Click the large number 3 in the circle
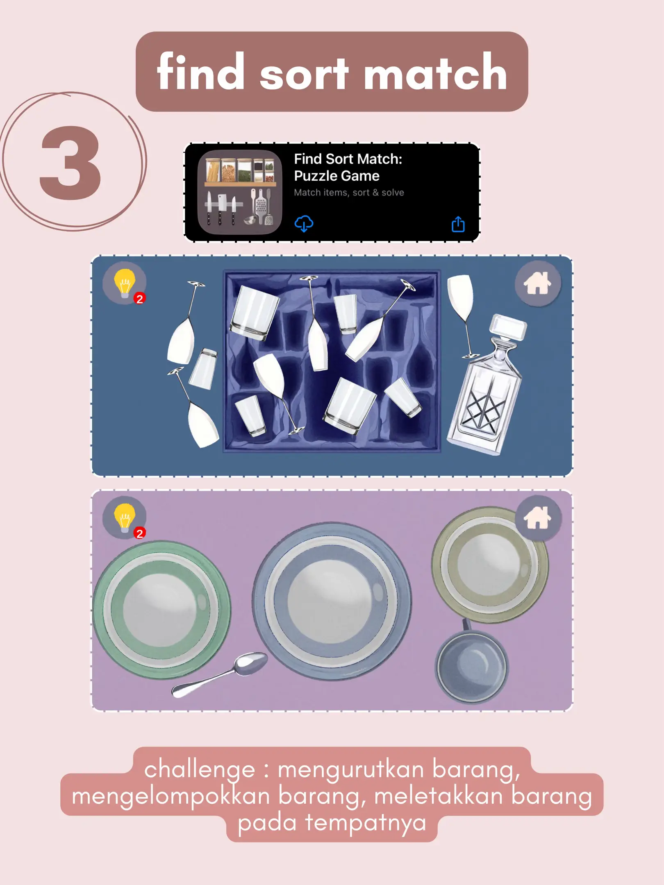tap(70, 163)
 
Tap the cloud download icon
tap(304, 224)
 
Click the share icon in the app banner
tap(458, 224)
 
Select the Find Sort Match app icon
tap(240, 192)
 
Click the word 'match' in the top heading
tap(435, 73)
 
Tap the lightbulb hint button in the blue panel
tap(125, 283)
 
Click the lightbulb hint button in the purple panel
tap(125, 517)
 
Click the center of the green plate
tap(161, 610)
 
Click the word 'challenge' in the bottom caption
tap(200, 769)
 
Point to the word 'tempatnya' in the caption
tap(366, 823)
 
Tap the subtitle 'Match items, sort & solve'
tap(349, 193)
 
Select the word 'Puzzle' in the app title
tap(316, 176)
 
